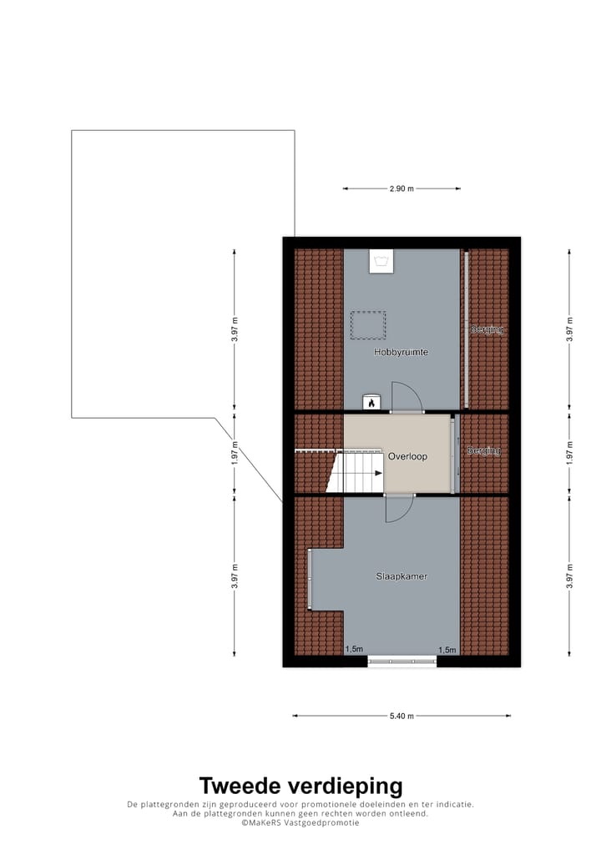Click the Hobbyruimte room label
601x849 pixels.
click(401, 352)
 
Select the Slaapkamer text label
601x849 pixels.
click(402, 575)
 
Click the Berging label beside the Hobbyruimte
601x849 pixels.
click(487, 329)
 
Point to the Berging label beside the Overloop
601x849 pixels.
click(484, 450)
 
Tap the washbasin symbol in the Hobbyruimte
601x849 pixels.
click(382, 262)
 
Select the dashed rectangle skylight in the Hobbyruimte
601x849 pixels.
click(368, 325)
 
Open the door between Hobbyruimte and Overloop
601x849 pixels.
click(406, 399)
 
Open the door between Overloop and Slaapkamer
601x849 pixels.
click(399, 507)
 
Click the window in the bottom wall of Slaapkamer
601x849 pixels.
click(402, 661)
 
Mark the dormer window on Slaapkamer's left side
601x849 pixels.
click(309, 578)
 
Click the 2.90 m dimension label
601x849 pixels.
click(402, 188)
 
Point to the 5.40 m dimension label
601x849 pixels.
click(402, 716)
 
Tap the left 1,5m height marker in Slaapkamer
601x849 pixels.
click(354, 650)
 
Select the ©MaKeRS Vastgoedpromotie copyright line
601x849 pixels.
click(300, 822)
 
